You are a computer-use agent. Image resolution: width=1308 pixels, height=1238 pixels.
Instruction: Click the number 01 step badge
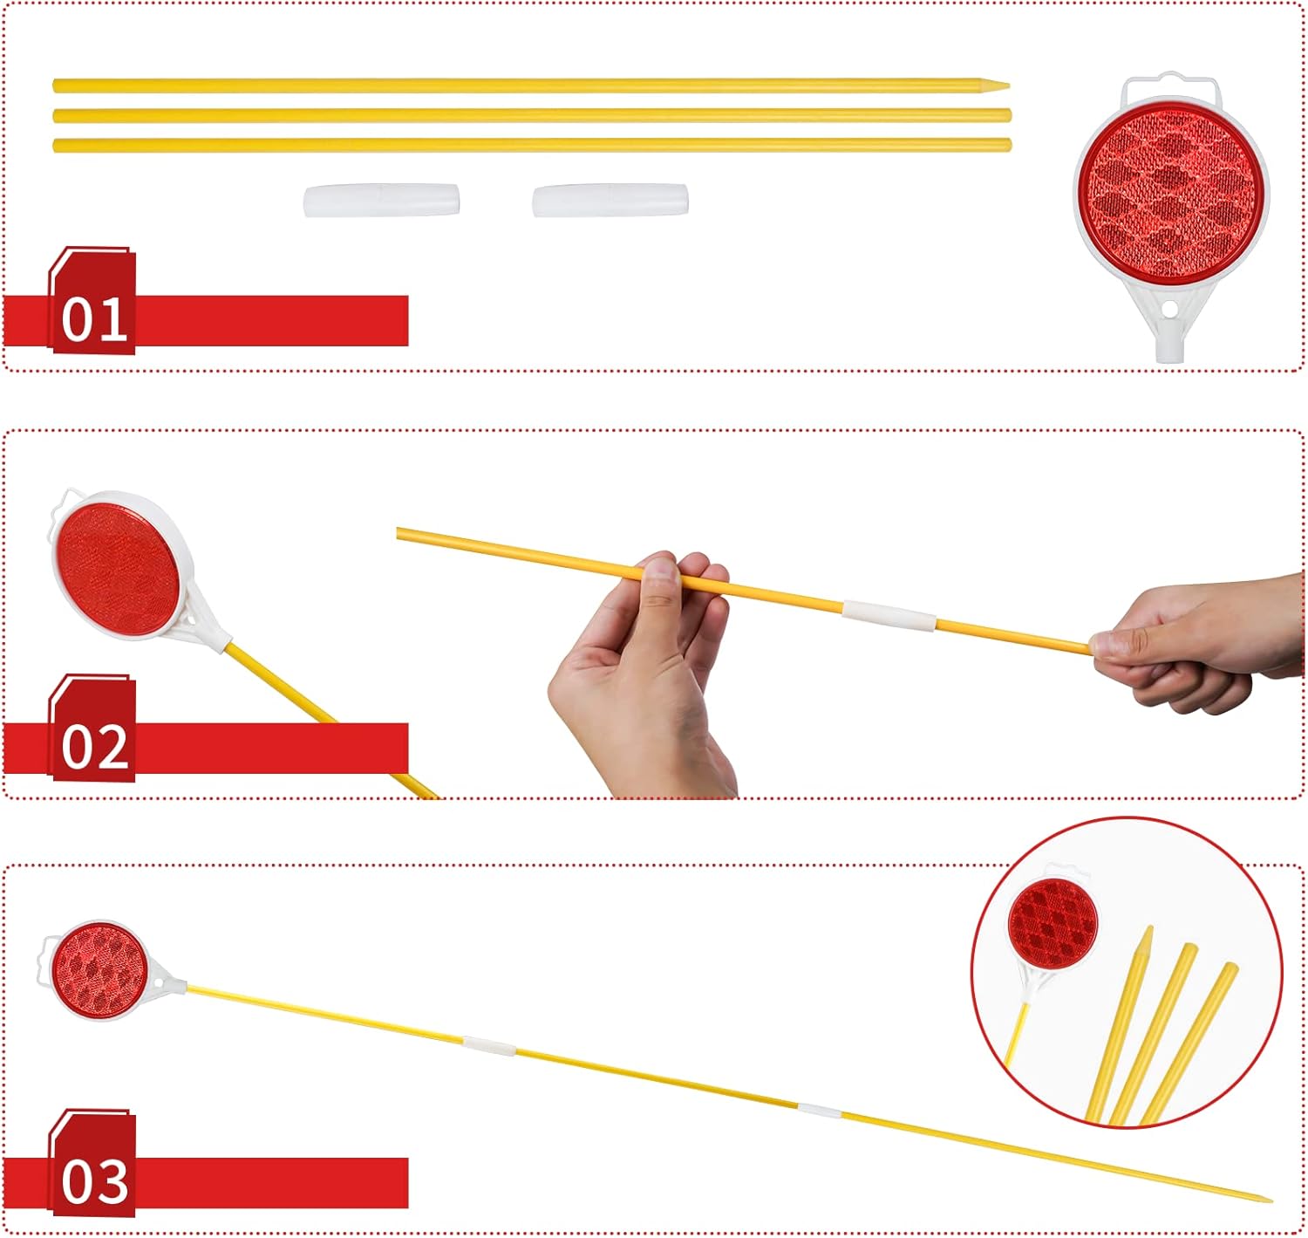click(92, 301)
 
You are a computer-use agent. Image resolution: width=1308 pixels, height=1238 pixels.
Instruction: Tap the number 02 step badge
click(92, 728)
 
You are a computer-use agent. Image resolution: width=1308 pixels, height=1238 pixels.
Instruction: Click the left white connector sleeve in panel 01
click(382, 201)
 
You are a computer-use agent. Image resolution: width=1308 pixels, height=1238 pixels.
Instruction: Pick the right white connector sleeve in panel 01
click(610, 201)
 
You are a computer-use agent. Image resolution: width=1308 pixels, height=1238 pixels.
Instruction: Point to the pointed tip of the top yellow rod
click(1009, 85)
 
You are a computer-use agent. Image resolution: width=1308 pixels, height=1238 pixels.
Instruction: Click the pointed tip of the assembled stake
click(1271, 1200)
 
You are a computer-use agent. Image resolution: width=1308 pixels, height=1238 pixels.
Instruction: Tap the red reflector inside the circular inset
click(1052, 922)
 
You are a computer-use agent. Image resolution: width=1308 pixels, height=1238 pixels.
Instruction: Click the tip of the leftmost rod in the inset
click(1149, 927)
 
